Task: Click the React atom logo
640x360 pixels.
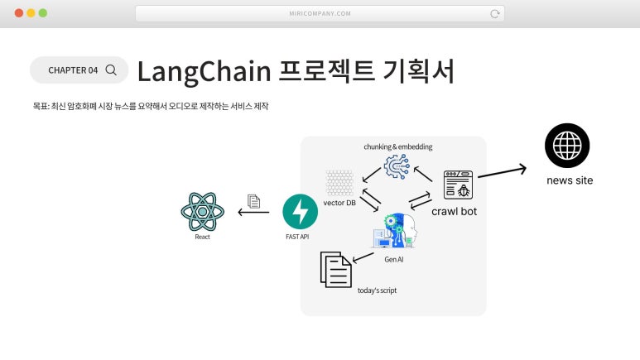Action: tap(203, 212)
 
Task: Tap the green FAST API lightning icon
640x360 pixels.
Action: tap(300, 211)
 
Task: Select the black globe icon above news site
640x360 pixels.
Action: tap(567, 146)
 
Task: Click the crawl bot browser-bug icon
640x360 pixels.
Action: tap(458, 185)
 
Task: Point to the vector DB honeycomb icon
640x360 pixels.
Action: tap(339, 183)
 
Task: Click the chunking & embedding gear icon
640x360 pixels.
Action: tap(397, 166)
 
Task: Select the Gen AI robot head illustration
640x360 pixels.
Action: tap(395, 231)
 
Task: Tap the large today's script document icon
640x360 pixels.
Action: tap(335, 270)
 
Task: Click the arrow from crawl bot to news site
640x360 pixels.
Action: tap(502, 172)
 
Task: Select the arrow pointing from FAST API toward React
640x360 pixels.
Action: tap(253, 212)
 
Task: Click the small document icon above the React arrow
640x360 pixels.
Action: tap(253, 201)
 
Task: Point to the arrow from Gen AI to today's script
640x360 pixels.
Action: tap(363, 257)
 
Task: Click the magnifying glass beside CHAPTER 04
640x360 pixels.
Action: tap(111, 70)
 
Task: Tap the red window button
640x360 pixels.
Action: tap(19, 13)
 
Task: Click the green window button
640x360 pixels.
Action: tap(43, 13)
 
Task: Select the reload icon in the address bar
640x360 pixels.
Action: tap(494, 14)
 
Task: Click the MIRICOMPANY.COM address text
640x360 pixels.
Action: tap(320, 13)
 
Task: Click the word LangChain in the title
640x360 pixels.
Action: tap(204, 72)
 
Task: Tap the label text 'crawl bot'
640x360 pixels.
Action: tap(455, 211)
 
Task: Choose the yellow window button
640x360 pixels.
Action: tap(31, 13)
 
